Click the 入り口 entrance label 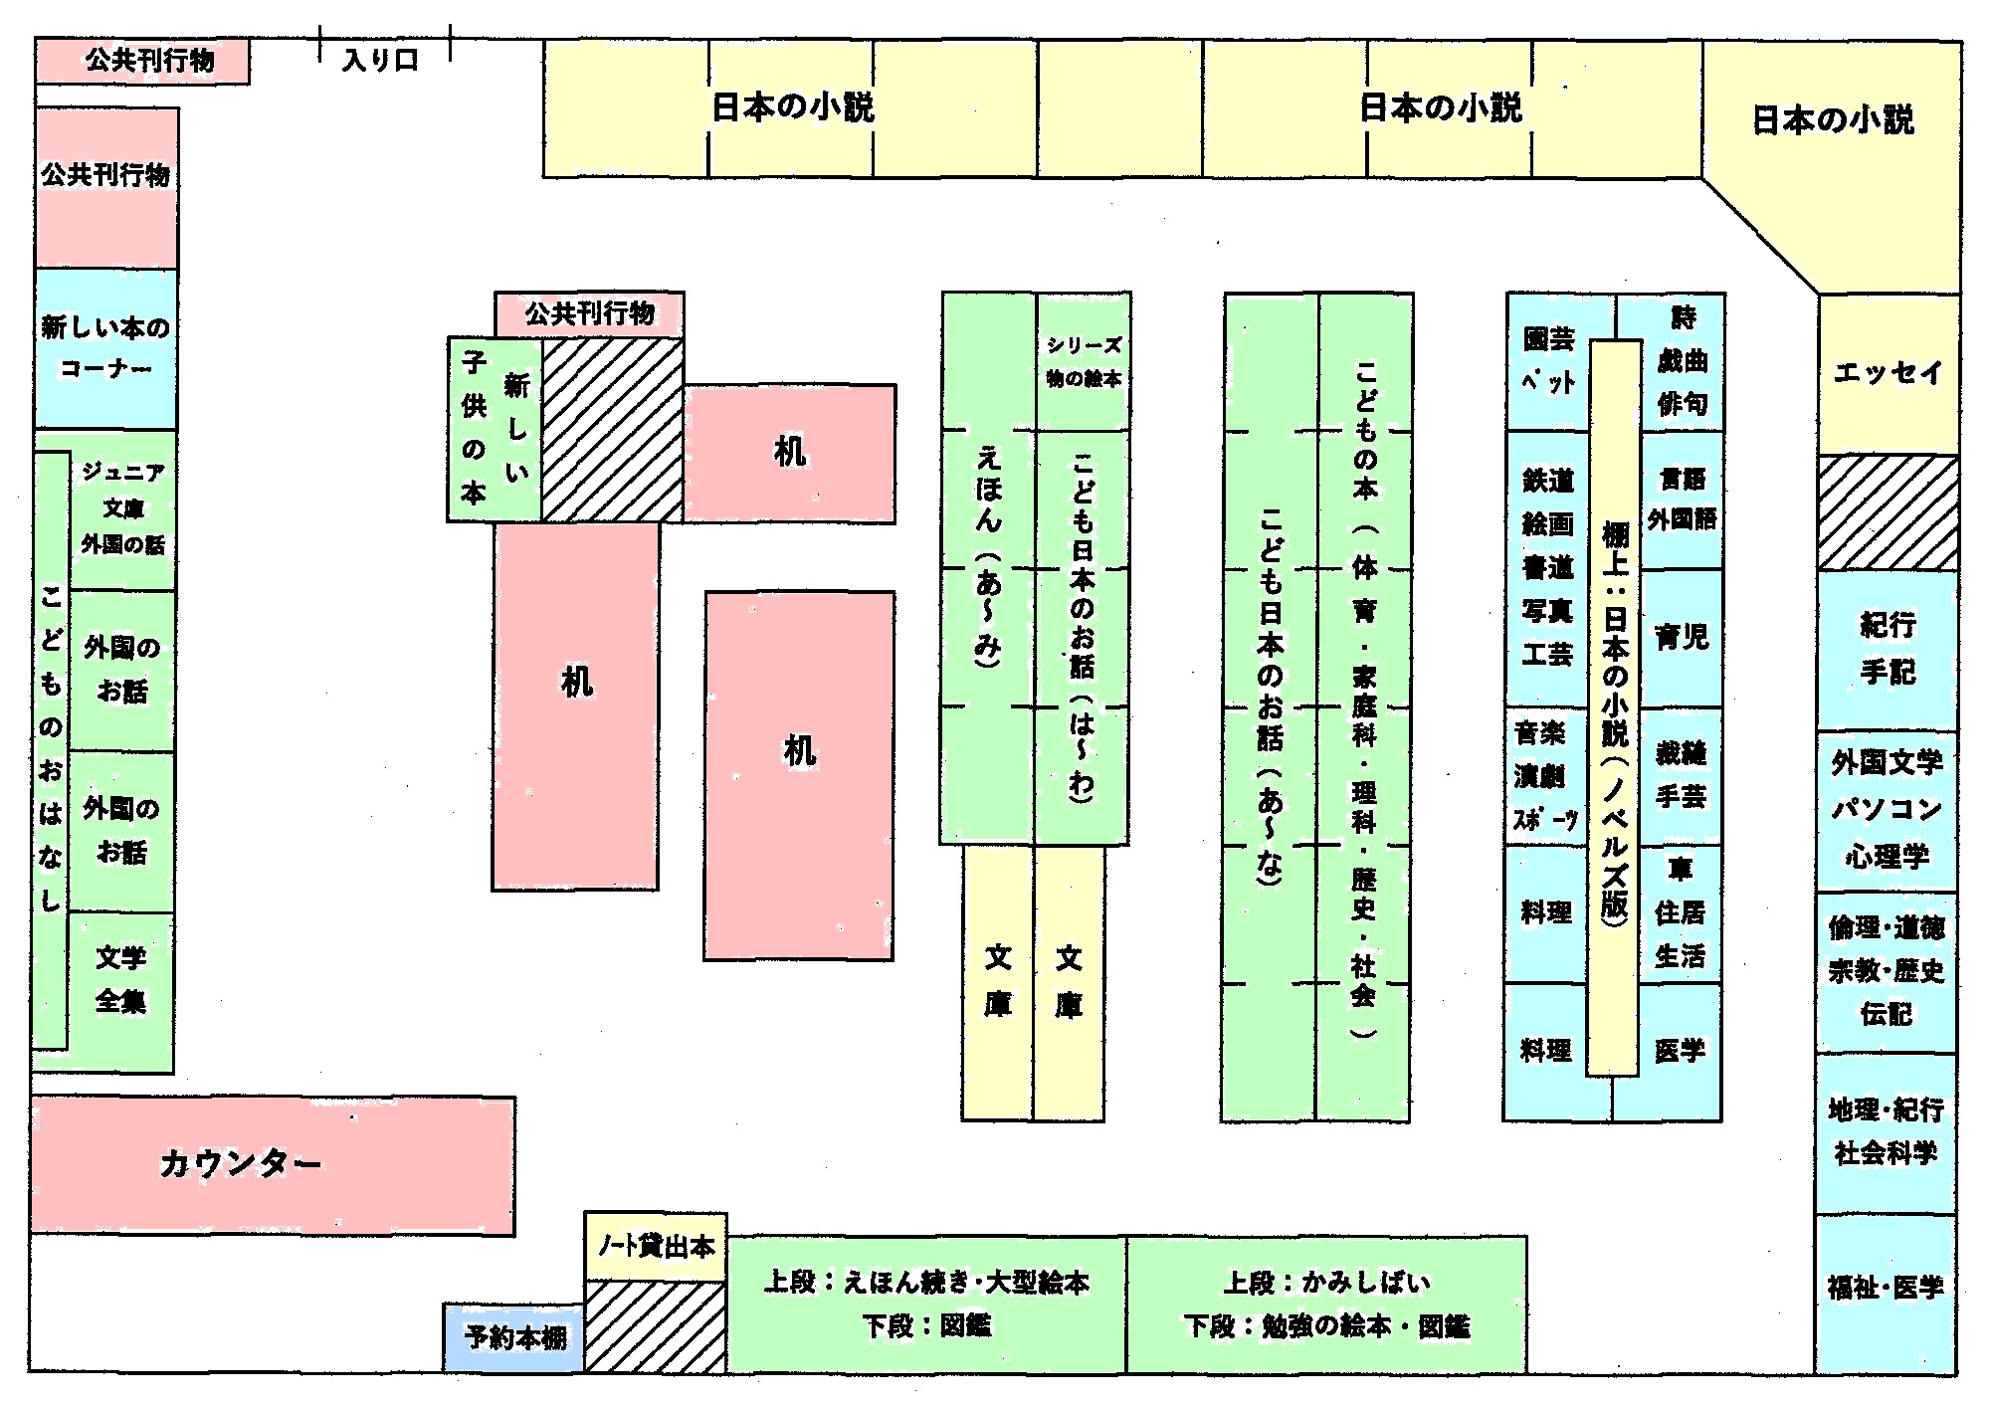[380, 60]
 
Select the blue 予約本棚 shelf [513, 1336]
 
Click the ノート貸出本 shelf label [656, 1246]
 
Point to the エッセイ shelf [1888, 373]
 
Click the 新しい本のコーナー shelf [105, 347]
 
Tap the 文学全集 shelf [121, 980]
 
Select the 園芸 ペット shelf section [1548, 360]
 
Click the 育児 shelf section [1682, 637]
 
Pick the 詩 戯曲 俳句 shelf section [1683, 361]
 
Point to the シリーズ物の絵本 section [1084, 361]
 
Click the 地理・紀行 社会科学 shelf [1886, 1131]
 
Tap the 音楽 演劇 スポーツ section [1545, 776]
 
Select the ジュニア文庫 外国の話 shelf [122, 508]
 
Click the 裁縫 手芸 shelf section [1682, 775]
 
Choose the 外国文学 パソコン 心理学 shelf [1887, 809]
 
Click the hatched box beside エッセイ [1888, 512]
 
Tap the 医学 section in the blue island [1681, 1050]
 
